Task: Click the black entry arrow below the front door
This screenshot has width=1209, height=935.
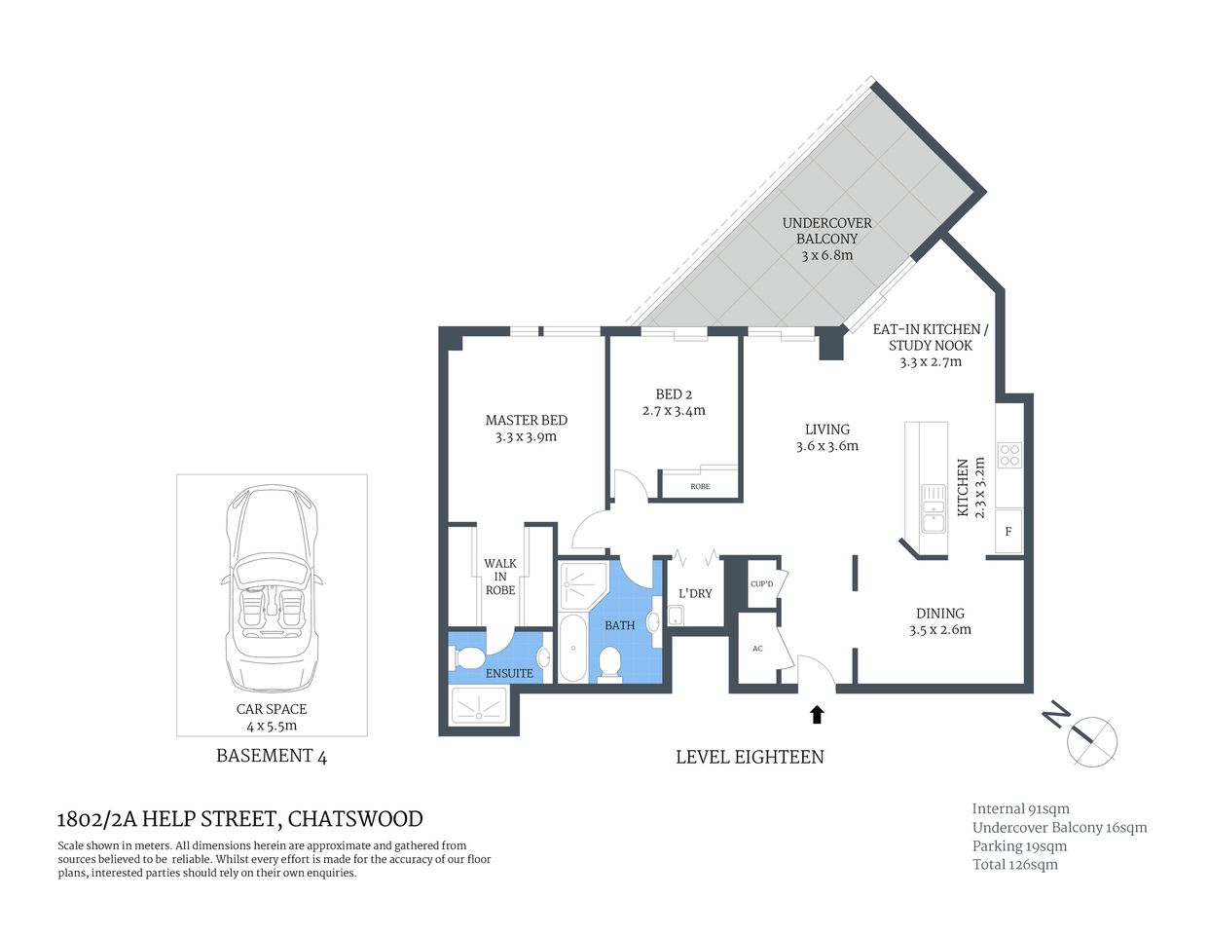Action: point(817,715)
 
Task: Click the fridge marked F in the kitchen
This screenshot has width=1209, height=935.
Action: point(1008,532)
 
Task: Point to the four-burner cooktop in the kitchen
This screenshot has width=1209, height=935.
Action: point(1009,456)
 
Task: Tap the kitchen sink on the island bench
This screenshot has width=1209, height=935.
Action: point(933,507)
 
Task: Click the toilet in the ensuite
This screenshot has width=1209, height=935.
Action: point(468,657)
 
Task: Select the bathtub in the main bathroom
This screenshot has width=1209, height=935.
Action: point(571,648)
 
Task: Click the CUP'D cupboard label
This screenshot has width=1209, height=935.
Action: point(761,584)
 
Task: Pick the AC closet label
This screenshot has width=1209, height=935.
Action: point(757,649)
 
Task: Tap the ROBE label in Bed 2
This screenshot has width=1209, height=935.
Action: point(700,486)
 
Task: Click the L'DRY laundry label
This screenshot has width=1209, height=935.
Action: point(695,593)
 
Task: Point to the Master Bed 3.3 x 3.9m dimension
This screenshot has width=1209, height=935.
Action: point(526,437)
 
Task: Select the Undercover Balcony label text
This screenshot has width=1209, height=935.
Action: point(826,231)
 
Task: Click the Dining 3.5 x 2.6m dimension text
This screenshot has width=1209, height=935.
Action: point(939,629)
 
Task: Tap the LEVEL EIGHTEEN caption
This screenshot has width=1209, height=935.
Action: point(750,757)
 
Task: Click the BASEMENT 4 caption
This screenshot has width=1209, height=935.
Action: point(271,756)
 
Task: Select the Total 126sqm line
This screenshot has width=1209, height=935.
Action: point(1014,864)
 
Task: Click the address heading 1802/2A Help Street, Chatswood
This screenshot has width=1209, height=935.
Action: point(239,819)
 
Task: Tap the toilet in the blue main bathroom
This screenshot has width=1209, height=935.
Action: point(609,664)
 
